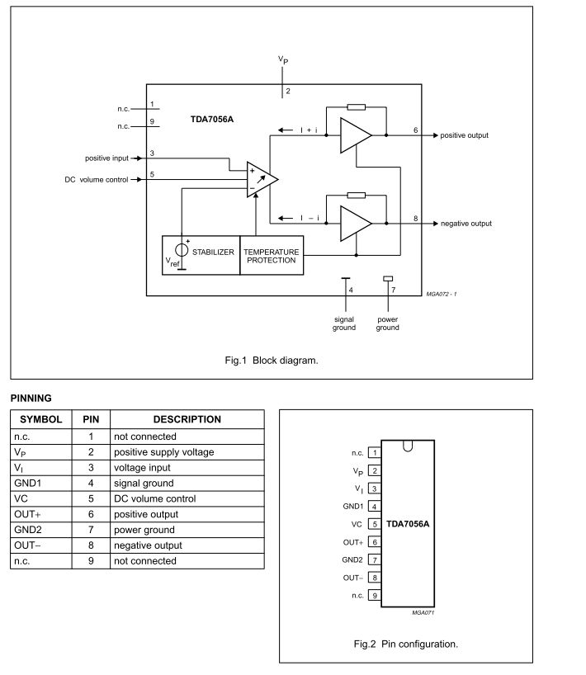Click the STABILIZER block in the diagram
[x=214, y=253]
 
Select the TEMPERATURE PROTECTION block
[x=271, y=255]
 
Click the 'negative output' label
[x=465, y=224]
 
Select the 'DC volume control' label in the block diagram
[x=96, y=179]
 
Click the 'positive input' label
[x=108, y=158]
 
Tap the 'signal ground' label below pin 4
[x=344, y=323]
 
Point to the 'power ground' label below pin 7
[x=387, y=323]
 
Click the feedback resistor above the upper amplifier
[x=357, y=107]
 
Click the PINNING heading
[x=31, y=398]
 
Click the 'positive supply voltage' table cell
[x=163, y=452]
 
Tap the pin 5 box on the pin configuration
[x=375, y=524]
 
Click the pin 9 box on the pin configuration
[x=375, y=595]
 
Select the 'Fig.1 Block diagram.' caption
[x=271, y=360]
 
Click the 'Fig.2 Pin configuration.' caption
[x=405, y=644]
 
